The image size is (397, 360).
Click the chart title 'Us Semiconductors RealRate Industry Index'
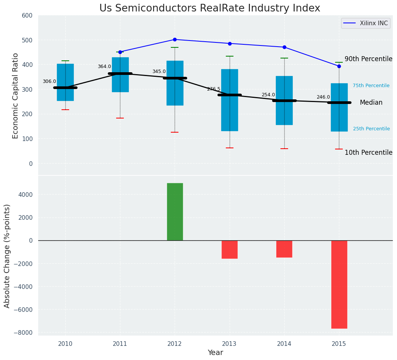(x=209, y=8)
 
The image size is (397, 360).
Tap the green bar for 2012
(x=175, y=212)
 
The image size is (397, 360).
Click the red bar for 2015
(x=339, y=284)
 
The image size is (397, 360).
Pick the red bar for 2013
(x=230, y=249)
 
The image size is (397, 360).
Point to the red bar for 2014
(x=284, y=249)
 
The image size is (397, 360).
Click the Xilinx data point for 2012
(x=175, y=39)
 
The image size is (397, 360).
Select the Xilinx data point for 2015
(x=339, y=66)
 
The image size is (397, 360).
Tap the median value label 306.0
(x=49, y=81)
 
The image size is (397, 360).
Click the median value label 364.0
(x=104, y=66)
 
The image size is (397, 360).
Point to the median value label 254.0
(x=268, y=95)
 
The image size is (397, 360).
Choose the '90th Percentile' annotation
(x=368, y=59)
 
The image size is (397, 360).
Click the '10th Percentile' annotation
(x=368, y=152)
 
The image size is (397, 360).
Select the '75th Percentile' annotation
(x=371, y=86)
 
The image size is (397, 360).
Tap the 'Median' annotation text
(x=371, y=102)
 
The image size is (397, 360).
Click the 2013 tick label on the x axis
(x=230, y=344)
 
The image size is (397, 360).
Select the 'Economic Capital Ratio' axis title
(x=16, y=96)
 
